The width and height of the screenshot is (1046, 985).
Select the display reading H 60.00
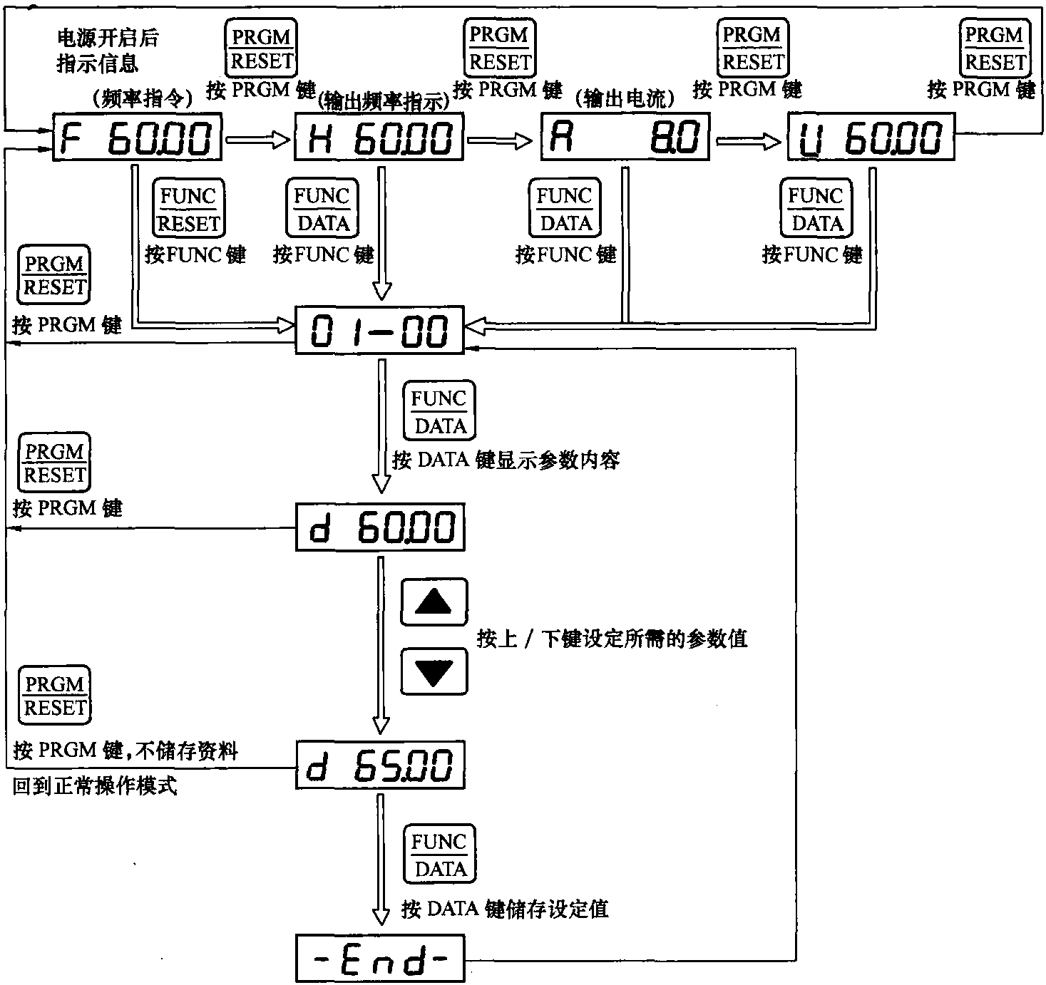[379, 138]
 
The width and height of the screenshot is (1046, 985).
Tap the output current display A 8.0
[625, 138]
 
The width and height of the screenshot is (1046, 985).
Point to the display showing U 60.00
[871, 138]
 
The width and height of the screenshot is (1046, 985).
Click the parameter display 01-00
[379, 330]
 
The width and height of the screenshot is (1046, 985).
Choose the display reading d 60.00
[379, 527]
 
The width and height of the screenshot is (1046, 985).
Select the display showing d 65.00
[379, 765]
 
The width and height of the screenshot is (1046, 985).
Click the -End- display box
[379, 959]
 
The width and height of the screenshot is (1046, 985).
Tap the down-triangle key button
[434, 671]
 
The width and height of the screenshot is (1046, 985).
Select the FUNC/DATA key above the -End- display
[439, 854]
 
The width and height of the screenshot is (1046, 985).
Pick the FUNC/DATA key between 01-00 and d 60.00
[439, 411]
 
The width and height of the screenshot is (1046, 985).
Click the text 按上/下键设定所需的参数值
[612, 638]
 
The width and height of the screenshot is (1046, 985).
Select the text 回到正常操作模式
[95, 786]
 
